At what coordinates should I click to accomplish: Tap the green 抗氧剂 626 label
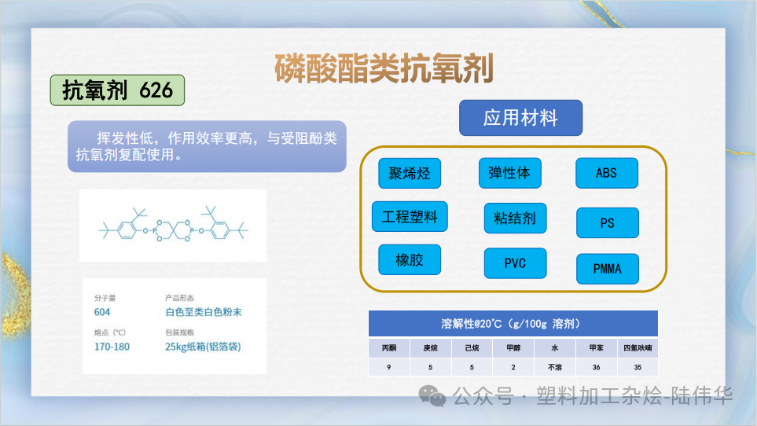pos(117,90)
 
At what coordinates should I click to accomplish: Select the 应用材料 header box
pos(520,118)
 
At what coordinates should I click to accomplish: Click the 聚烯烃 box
pos(410,173)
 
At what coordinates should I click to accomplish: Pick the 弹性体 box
pos(509,173)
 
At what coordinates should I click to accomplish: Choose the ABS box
pos(606,173)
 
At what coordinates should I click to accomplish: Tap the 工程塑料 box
pos(410,217)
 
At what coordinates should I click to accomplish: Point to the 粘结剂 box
pos(515,218)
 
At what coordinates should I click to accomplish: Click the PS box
pos(607,223)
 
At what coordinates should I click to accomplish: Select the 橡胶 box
pos(410,259)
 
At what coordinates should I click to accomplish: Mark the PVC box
pos(515,263)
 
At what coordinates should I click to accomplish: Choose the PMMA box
pos(607,269)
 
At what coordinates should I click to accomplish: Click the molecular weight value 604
pos(102,312)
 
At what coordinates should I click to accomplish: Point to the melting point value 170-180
pos(112,347)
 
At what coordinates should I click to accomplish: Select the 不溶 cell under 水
pos(554,366)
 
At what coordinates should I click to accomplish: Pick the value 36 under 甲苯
pos(596,366)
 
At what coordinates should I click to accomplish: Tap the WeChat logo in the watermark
pos(432,395)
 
